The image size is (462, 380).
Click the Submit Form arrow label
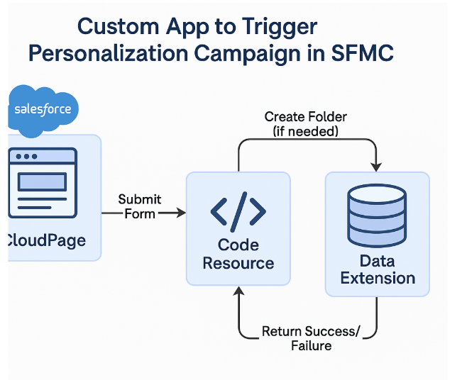point(139,206)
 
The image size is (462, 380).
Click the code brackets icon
point(238,211)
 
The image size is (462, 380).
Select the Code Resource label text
point(238,254)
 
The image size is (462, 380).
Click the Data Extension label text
point(377,269)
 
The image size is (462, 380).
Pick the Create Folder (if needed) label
point(305,123)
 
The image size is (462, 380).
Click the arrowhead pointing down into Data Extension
point(376,166)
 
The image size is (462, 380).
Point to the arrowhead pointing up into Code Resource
point(239,292)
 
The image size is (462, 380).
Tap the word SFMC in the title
point(362,53)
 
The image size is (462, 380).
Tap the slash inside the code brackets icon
point(238,211)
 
